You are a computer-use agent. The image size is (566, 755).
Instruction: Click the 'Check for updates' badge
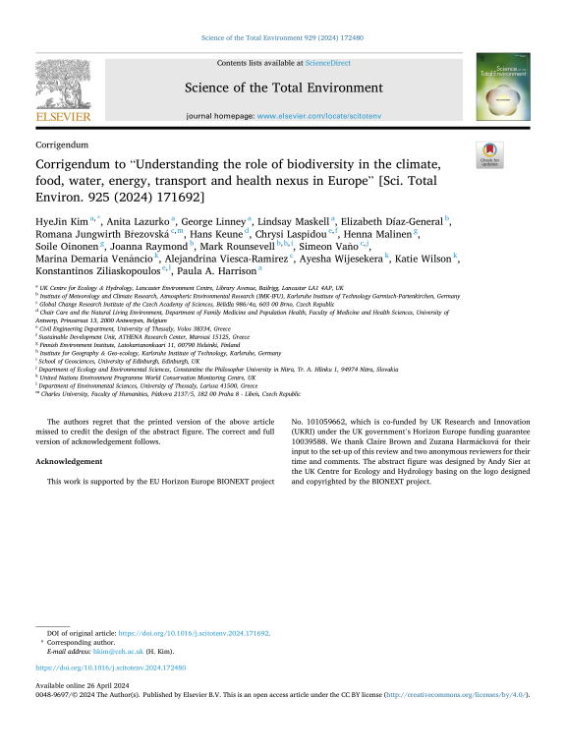488,152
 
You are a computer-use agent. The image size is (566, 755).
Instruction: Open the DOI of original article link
194,634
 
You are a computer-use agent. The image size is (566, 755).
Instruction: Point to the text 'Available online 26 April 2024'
84,683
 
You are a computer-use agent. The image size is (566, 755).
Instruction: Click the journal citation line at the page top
282,37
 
